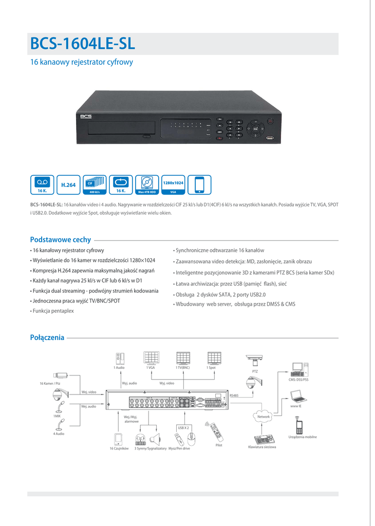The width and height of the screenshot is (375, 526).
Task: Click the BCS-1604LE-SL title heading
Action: (83, 44)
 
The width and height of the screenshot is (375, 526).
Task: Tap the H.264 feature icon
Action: (68, 185)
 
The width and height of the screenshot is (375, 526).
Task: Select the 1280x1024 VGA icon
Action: (173, 185)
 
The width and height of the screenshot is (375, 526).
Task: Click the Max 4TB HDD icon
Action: (147, 185)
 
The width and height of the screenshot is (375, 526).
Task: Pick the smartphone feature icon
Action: (199, 185)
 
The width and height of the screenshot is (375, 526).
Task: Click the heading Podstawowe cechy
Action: (61, 239)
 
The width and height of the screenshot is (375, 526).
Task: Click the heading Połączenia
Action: (47, 337)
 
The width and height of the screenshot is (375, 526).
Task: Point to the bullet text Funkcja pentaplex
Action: (53, 311)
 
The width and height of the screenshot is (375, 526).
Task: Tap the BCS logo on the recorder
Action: (85, 116)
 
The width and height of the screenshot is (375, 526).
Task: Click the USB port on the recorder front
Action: (270, 137)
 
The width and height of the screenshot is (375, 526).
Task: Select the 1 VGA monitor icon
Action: (151, 358)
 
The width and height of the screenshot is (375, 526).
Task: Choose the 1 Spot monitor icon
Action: (214, 358)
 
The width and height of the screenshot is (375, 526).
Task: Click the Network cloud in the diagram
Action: (264, 416)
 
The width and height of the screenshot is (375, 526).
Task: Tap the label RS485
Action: (235, 395)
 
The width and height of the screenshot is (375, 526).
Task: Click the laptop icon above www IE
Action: (297, 396)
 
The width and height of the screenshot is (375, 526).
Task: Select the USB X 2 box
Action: (183, 427)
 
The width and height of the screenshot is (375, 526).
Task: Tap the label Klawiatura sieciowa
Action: (262, 447)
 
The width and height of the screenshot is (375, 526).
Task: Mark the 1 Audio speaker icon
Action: (120, 359)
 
